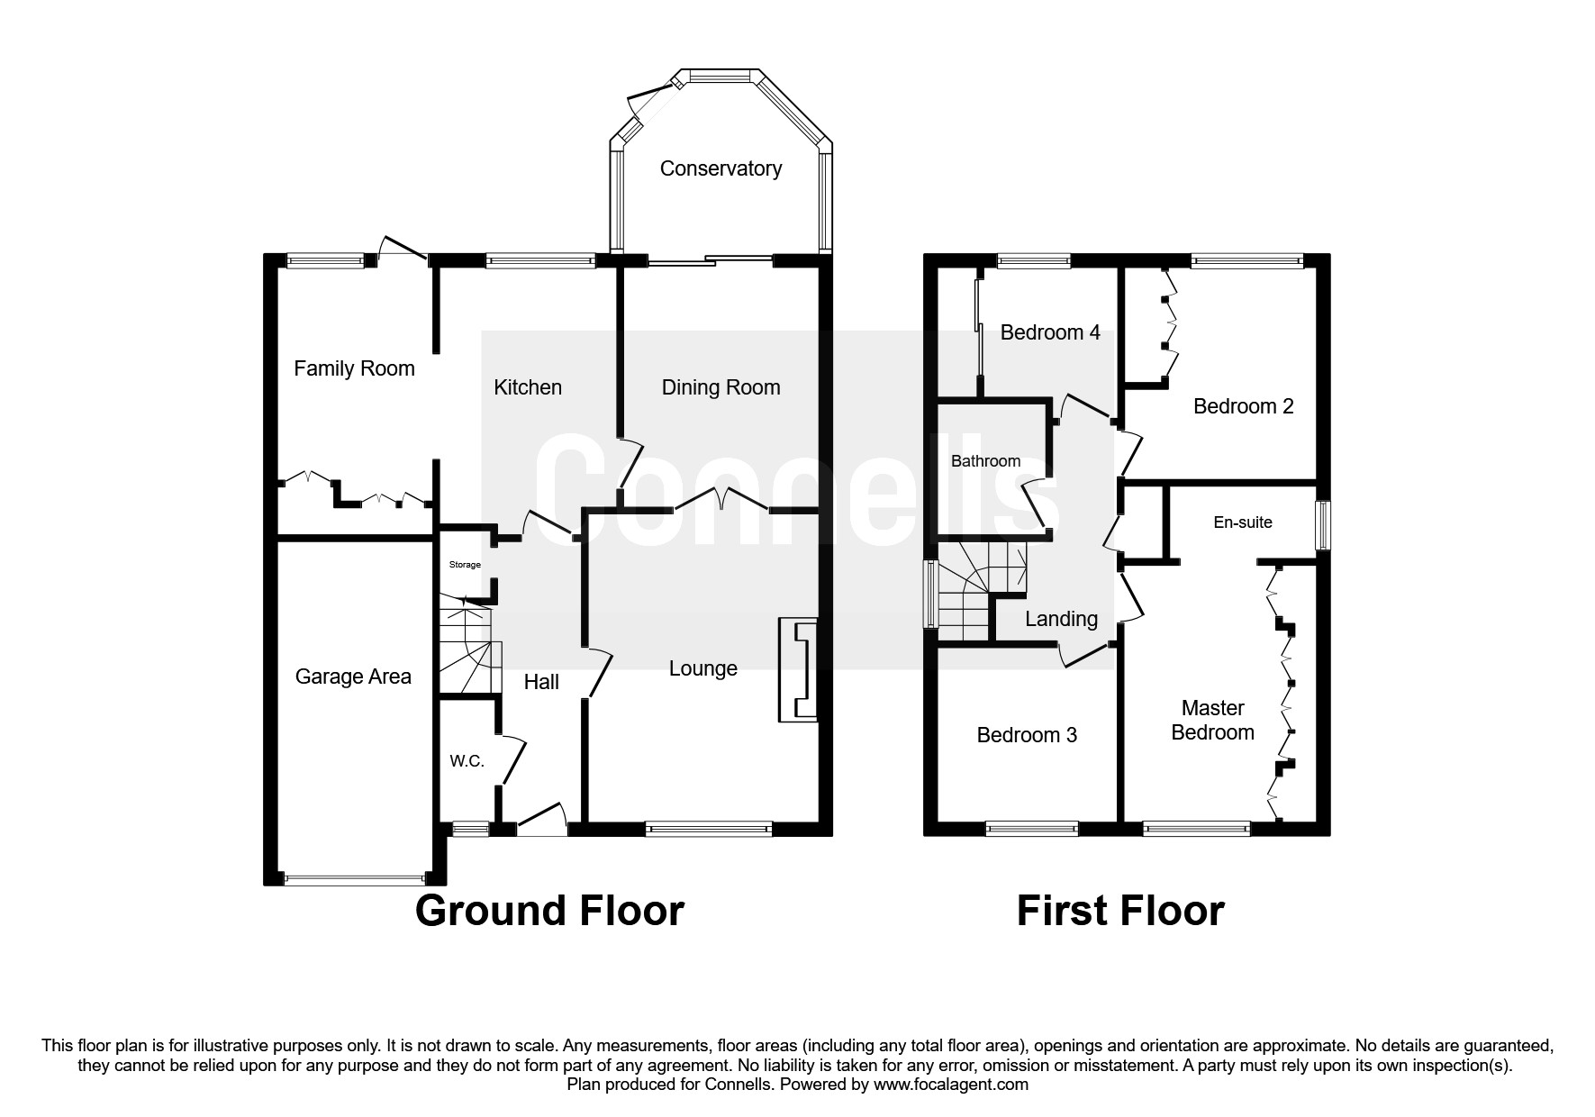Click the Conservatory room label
[x=720, y=168]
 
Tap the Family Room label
[x=354, y=368]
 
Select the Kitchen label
[x=528, y=387]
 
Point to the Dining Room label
[x=720, y=387]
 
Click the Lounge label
[x=702, y=668]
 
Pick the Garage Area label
[x=353, y=677]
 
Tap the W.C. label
[x=467, y=761]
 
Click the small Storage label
[x=466, y=565]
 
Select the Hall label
[x=541, y=682]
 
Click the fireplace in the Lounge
[x=798, y=669]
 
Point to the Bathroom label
[x=986, y=461]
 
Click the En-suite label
[x=1243, y=522]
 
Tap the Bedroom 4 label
[x=1050, y=332]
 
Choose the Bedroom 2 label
[x=1243, y=406]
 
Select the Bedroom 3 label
[x=1027, y=735]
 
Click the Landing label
[x=1061, y=620]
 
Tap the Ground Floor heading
[x=549, y=911]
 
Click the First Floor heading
[x=1120, y=911]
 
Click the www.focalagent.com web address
[x=951, y=1085]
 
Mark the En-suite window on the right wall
[x=1322, y=525]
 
